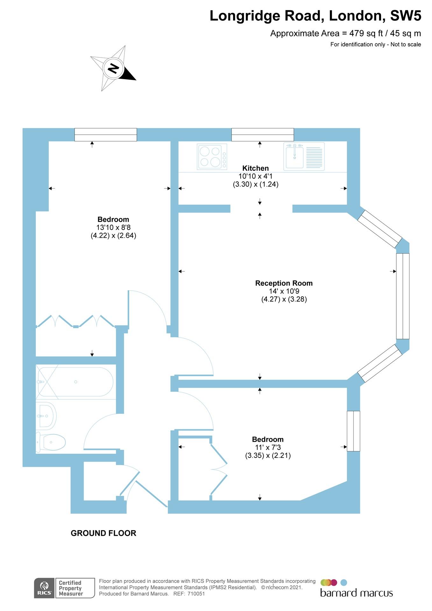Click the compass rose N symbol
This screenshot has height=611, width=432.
[113, 68]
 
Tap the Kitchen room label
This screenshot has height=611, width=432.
[255, 168]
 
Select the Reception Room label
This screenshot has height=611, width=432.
[284, 283]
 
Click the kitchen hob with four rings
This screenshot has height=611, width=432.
[212, 156]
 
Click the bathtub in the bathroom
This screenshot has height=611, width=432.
[75, 382]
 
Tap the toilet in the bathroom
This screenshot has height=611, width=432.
[51, 442]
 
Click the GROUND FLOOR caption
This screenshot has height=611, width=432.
[103, 533]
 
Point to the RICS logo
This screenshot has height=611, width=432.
[44, 588]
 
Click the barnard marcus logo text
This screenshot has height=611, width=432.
[357, 593]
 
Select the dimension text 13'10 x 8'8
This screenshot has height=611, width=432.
[113, 227]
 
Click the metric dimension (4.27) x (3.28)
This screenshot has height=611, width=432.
[284, 299]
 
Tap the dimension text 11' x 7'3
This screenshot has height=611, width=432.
[268, 447]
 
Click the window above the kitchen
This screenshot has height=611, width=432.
[263, 135]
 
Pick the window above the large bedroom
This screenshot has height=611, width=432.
[106, 135]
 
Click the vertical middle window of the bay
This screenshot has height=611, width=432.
[403, 296]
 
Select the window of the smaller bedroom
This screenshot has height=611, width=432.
[353, 431]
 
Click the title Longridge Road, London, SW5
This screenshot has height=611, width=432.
[315, 16]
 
